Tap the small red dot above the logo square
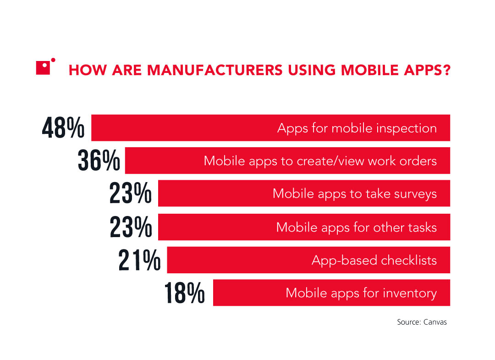click(x=53, y=60)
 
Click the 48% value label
click(x=63, y=128)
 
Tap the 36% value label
click(x=99, y=161)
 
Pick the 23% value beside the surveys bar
click(x=131, y=194)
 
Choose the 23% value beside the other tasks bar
click(x=131, y=227)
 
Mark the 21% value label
click(x=139, y=260)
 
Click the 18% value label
click(x=184, y=293)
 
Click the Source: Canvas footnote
click(x=422, y=322)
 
